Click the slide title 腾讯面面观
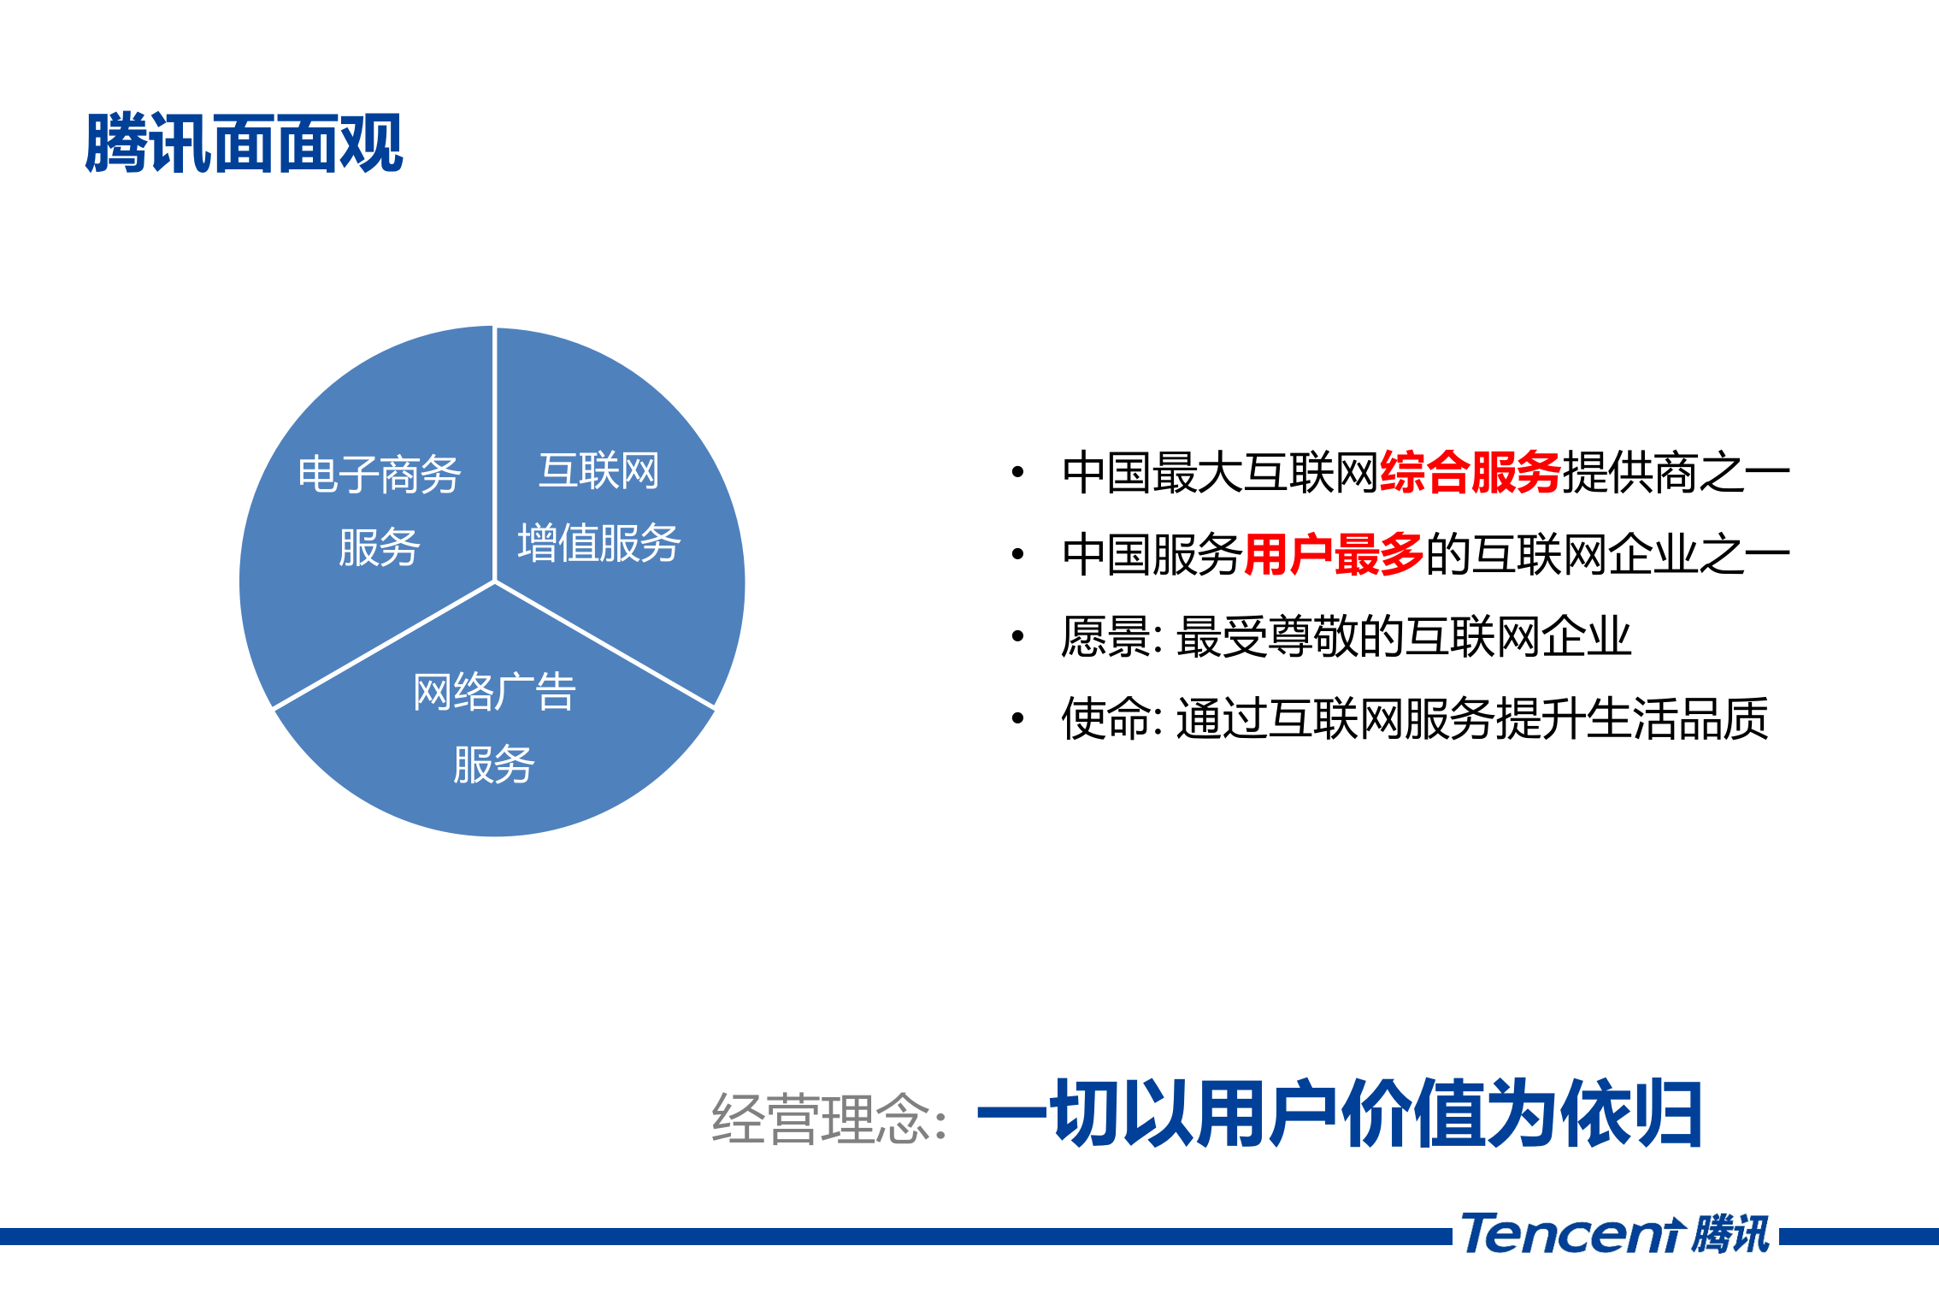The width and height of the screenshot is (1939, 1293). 244,144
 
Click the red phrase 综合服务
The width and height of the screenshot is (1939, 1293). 1470,472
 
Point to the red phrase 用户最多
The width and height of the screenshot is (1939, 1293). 1334,554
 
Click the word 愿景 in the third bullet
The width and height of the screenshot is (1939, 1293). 1106,636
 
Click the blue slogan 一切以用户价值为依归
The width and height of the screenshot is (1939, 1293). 1339,1113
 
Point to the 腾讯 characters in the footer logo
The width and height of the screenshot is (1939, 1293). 1730,1235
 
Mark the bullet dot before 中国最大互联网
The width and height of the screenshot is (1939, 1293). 1017,472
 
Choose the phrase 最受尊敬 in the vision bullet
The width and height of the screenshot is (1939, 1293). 1267,636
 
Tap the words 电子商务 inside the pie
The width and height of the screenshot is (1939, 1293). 380,475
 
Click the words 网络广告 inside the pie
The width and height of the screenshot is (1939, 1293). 494,692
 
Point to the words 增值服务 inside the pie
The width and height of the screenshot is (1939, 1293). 598,543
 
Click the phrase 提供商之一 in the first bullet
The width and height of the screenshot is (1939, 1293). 1676,472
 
